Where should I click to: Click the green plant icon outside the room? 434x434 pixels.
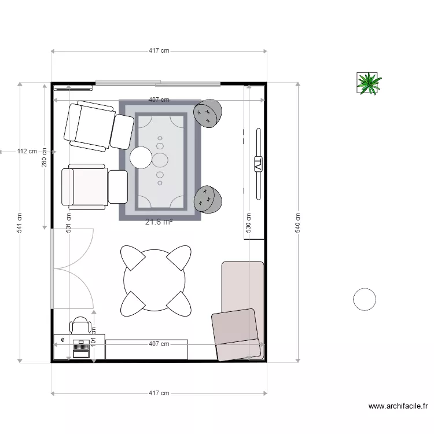(368, 83)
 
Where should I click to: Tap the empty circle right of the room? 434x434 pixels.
(365, 299)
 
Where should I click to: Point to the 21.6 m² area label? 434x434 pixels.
(159, 221)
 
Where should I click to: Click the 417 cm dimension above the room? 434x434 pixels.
(159, 51)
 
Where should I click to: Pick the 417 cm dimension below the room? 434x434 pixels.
(159, 393)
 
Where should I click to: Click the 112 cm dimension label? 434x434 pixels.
(27, 152)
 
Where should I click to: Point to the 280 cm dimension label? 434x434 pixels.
(45, 157)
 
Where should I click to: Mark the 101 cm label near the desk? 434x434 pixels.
(93, 336)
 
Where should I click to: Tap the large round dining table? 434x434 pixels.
(155, 281)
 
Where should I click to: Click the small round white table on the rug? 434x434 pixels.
(141, 157)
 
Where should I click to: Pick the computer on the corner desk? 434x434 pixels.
(81, 350)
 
